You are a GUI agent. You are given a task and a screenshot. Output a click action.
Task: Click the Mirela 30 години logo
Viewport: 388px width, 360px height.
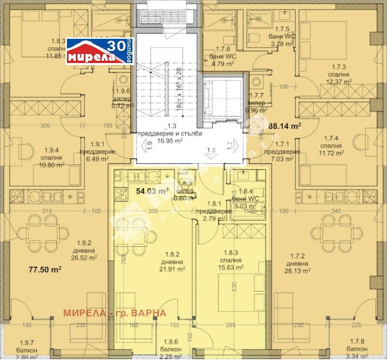pyautogui.click(x=99, y=51)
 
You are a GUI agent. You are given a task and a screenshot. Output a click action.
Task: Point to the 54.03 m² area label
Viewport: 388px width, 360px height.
pyautogui.click(x=152, y=191)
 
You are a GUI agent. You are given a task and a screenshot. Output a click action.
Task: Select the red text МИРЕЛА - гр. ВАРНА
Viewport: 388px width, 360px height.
pyautogui.click(x=114, y=312)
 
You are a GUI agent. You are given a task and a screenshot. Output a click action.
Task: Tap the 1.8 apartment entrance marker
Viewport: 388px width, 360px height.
pyautogui.click(x=210, y=151)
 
